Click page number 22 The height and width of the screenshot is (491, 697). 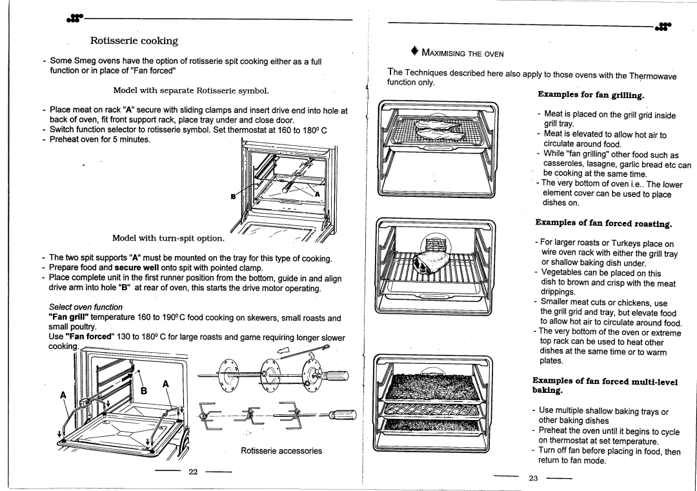tap(192, 472)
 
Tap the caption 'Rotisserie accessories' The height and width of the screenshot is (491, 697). tap(281, 451)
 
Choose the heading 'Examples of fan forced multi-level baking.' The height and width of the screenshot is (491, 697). tap(604, 386)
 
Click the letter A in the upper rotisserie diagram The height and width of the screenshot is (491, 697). tap(317, 194)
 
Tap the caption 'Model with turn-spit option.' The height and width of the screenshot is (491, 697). tap(168, 239)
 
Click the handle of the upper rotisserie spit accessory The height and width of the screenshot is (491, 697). tap(337, 376)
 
